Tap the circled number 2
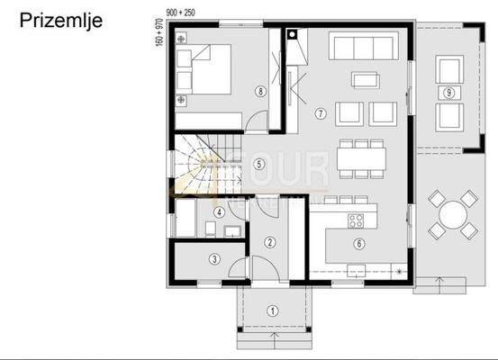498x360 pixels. click(x=270, y=241)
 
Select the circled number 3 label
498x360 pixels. click(x=214, y=259)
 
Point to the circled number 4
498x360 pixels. click(x=220, y=212)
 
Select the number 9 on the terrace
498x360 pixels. click(x=448, y=92)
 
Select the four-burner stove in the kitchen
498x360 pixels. click(x=355, y=219)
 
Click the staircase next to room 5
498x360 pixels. click(x=198, y=162)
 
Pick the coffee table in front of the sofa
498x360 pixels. click(x=365, y=79)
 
